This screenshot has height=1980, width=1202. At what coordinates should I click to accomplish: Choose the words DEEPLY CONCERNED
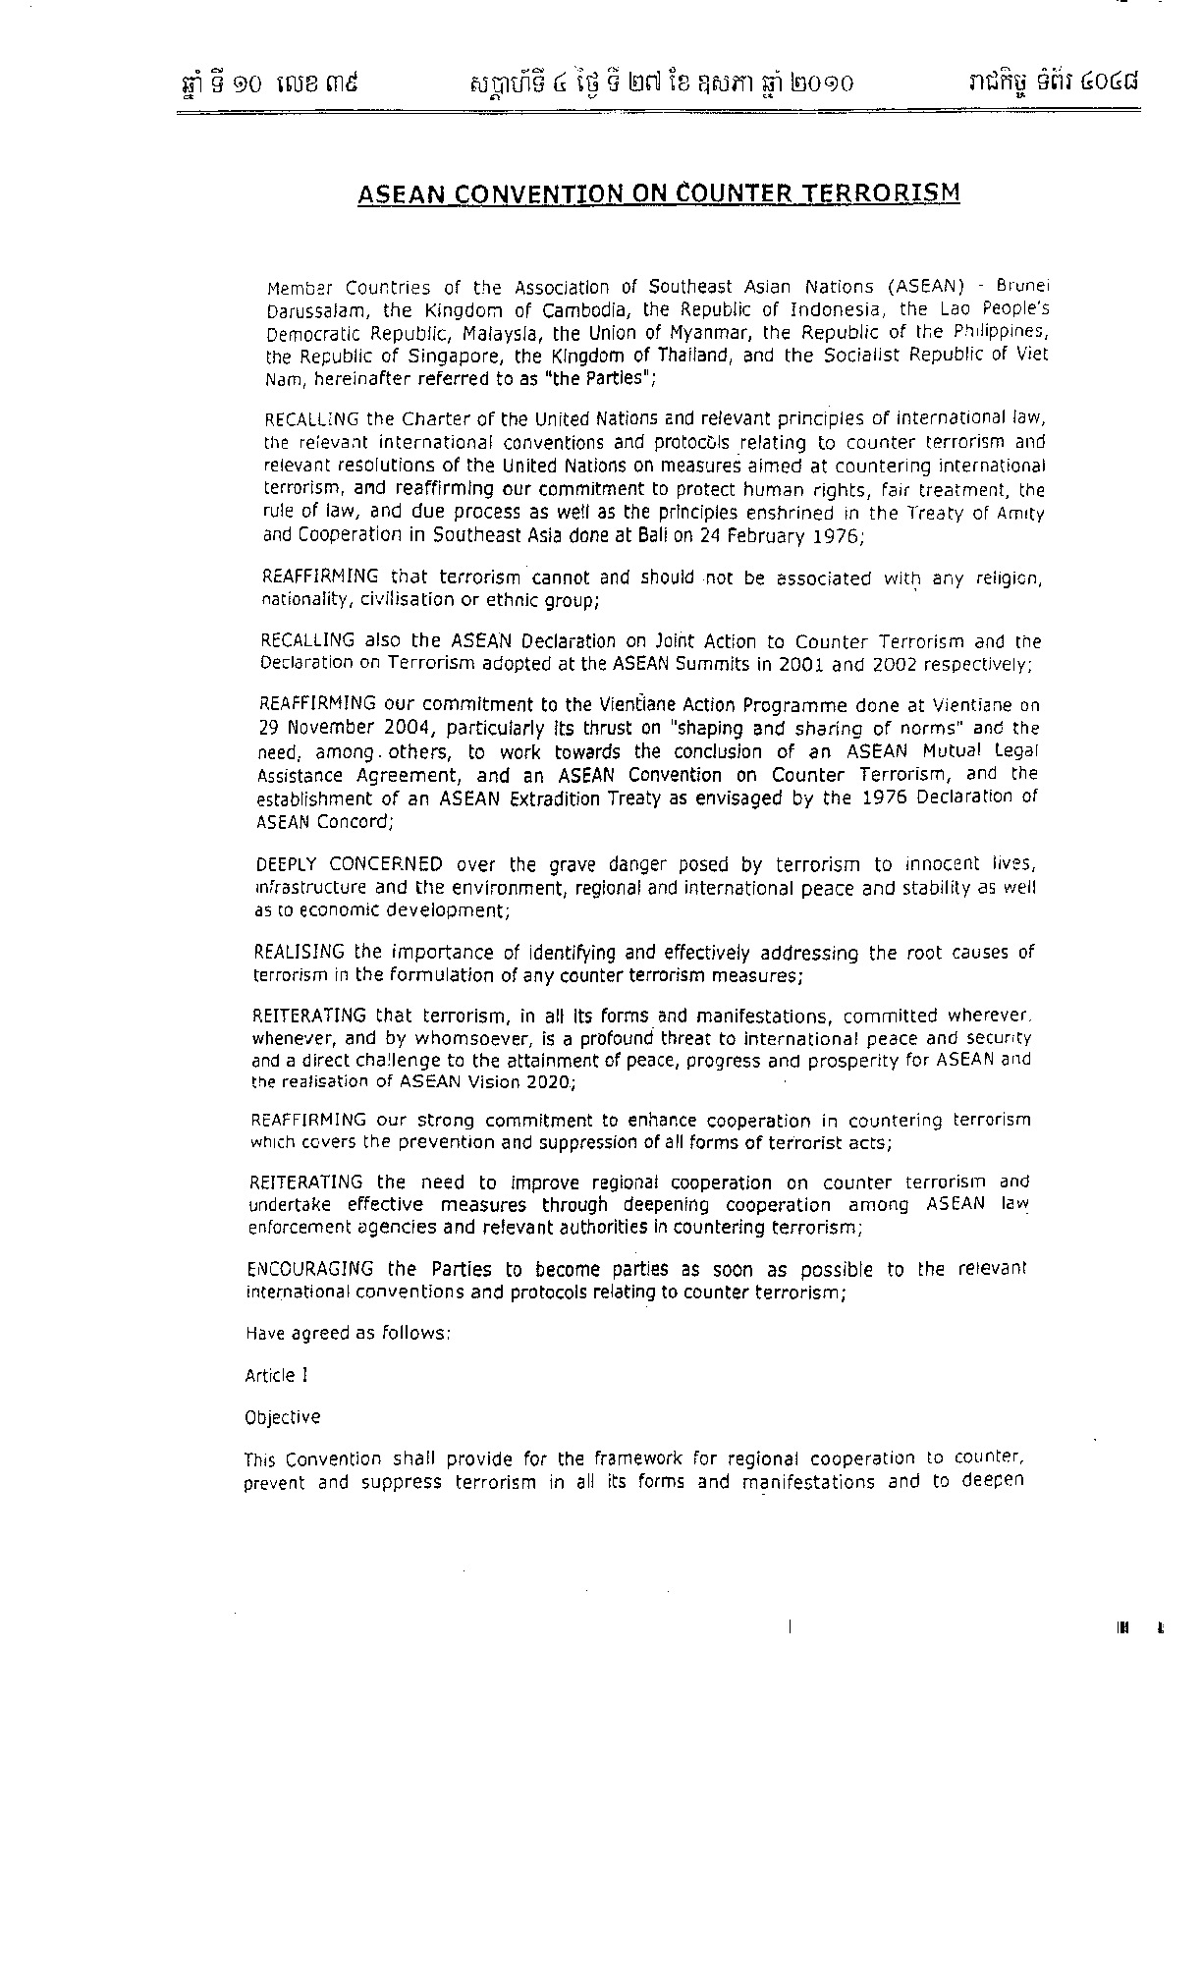click(349, 865)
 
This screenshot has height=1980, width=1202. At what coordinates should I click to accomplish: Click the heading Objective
click(282, 1417)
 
